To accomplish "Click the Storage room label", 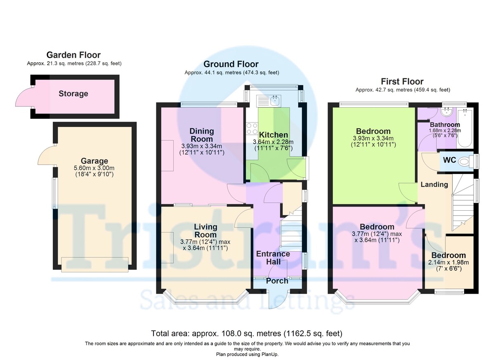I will [73, 94].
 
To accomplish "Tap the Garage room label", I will [94, 161].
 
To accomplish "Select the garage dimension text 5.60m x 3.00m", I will [94, 168].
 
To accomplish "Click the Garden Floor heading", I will [73, 55].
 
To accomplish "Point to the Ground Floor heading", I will [231, 64].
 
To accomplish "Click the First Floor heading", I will [402, 81].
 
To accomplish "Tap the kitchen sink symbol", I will [274, 100].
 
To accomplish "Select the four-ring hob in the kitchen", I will [252, 128].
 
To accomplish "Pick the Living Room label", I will [205, 231].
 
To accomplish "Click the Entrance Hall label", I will [273, 258].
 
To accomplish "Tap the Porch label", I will [277, 281].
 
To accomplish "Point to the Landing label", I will [434, 184].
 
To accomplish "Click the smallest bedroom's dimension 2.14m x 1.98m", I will [449, 262].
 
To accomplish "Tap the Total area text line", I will [247, 333].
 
